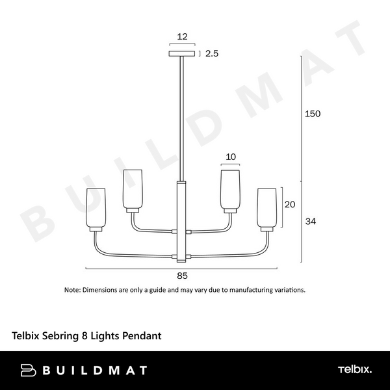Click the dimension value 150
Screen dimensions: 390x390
(313, 114)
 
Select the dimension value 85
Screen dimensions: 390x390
(182, 276)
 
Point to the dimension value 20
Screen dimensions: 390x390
(291, 204)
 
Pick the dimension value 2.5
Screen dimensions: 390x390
(211, 54)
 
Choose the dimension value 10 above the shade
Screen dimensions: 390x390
(230, 157)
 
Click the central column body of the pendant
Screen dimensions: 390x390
(182, 221)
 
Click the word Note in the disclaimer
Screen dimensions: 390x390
(71, 290)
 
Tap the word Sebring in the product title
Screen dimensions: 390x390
(59, 336)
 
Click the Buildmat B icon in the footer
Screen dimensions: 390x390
(27, 370)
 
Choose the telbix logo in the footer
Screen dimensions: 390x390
(354, 370)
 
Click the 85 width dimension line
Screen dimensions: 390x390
(130, 268)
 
